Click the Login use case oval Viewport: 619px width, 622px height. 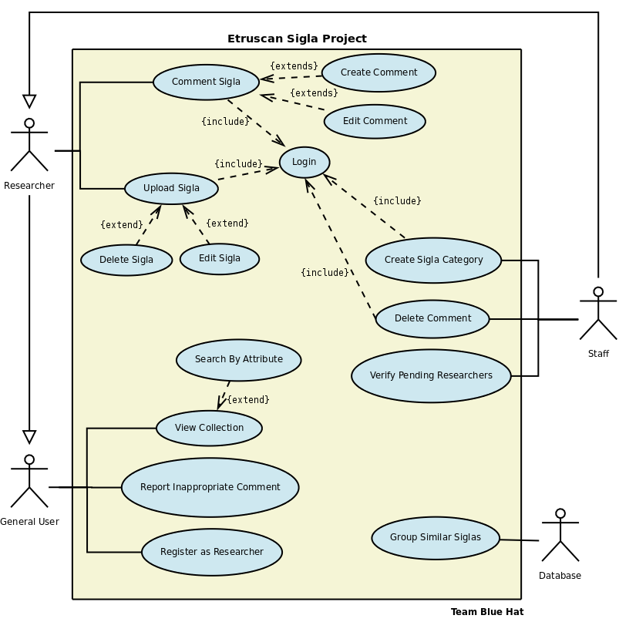304,163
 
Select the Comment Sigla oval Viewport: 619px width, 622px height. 206,82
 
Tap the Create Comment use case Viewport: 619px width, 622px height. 378,72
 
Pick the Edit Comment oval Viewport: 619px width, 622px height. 375,121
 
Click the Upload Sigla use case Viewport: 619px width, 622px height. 171,188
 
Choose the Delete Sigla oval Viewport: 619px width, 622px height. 126,260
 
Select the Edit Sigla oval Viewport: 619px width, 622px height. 220,259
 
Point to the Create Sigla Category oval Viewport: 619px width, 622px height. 433,261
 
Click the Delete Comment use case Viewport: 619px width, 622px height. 432,318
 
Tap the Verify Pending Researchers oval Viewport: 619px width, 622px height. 431,376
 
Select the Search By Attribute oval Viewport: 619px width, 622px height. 238,360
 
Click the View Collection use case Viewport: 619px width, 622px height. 209,428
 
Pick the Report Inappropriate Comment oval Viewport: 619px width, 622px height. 210,487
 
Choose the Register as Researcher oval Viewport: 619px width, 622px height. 212,552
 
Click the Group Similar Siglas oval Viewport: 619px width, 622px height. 436,538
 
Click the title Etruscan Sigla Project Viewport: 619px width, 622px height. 297,39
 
